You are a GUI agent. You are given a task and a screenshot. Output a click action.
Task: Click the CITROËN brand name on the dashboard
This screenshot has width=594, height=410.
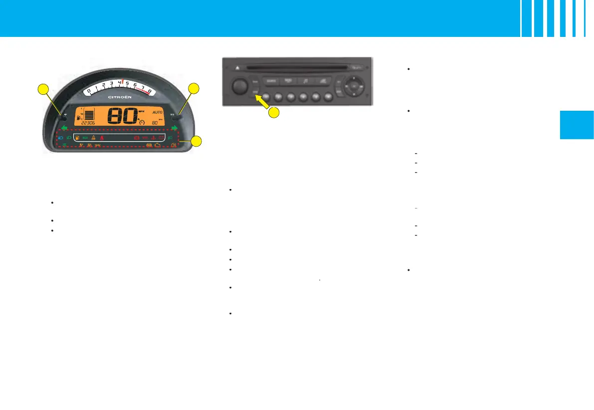tap(120, 97)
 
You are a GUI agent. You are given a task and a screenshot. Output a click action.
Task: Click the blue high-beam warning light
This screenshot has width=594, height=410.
tap(61, 138)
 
